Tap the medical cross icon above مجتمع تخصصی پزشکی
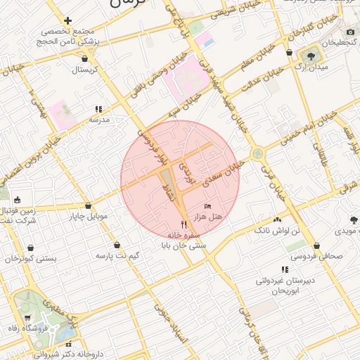click(67, 21)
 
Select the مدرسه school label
click(98, 120)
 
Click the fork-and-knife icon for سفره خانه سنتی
click(184, 225)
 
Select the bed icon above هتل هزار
click(207, 205)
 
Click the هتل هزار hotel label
click(208, 218)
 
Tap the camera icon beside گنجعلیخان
click(351, 32)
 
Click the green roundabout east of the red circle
click(258, 152)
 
